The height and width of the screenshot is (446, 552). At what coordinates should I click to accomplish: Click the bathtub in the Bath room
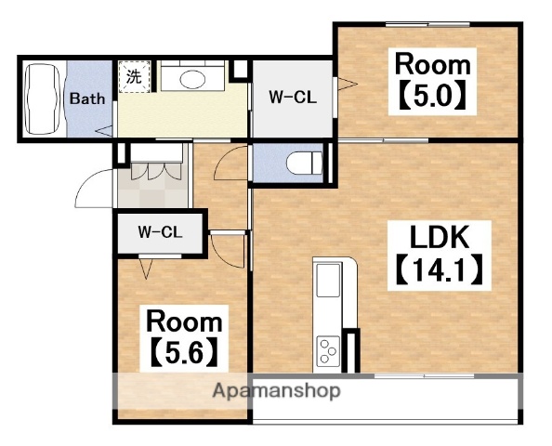pos(43,98)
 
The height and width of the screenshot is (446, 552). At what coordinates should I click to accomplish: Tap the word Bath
pos(87,98)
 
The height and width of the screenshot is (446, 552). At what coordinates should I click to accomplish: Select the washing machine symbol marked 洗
pos(135,77)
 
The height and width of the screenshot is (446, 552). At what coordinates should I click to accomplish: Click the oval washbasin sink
pos(192,80)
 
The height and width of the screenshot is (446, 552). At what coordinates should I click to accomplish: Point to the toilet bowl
pos(305,163)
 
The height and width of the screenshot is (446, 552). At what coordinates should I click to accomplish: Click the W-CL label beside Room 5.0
pos(293,98)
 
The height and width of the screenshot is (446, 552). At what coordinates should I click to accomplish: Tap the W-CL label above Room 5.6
pos(160,232)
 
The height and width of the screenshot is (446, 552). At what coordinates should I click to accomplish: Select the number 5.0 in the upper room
pos(433,95)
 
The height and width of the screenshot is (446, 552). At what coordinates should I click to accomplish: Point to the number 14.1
pos(440,270)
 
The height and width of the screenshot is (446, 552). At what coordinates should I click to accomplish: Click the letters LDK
pos(440,238)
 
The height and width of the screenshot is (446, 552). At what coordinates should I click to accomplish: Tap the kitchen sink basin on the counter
pos(328,280)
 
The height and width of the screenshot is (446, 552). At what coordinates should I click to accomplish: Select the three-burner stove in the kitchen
pos(328,351)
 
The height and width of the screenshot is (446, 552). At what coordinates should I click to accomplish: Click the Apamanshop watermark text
pos(276,390)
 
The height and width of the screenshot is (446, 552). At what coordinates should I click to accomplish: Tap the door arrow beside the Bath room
pos(104,131)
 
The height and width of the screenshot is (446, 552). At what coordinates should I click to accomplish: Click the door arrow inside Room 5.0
pos(348,85)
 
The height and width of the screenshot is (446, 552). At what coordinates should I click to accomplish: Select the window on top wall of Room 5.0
pos(427,24)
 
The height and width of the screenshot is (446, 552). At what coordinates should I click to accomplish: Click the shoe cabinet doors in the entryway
pos(157,171)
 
